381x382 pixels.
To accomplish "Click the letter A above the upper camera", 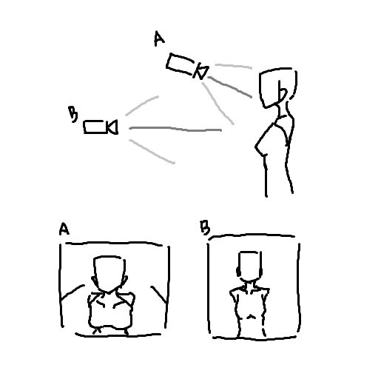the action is [x=159, y=38].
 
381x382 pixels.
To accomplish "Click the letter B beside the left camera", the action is [x=73, y=114].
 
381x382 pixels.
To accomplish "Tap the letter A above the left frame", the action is [x=64, y=229].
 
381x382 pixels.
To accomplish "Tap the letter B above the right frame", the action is [x=205, y=227].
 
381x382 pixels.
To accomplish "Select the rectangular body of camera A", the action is [x=180, y=64].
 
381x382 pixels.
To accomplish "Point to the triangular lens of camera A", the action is [x=201, y=72].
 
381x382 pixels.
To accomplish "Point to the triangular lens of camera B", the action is [x=112, y=127].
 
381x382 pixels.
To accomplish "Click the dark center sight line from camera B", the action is [x=175, y=129].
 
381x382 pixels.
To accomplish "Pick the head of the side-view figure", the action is [x=278, y=87].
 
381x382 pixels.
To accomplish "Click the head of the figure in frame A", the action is [x=109, y=274].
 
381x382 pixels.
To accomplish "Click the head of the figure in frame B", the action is [x=249, y=266].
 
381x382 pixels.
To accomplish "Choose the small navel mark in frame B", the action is [x=251, y=316].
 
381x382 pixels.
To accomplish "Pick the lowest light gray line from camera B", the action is [x=152, y=151].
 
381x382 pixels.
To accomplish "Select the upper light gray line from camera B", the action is [x=141, y=105].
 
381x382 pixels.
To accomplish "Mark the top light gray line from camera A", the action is [x=233, y=66].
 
